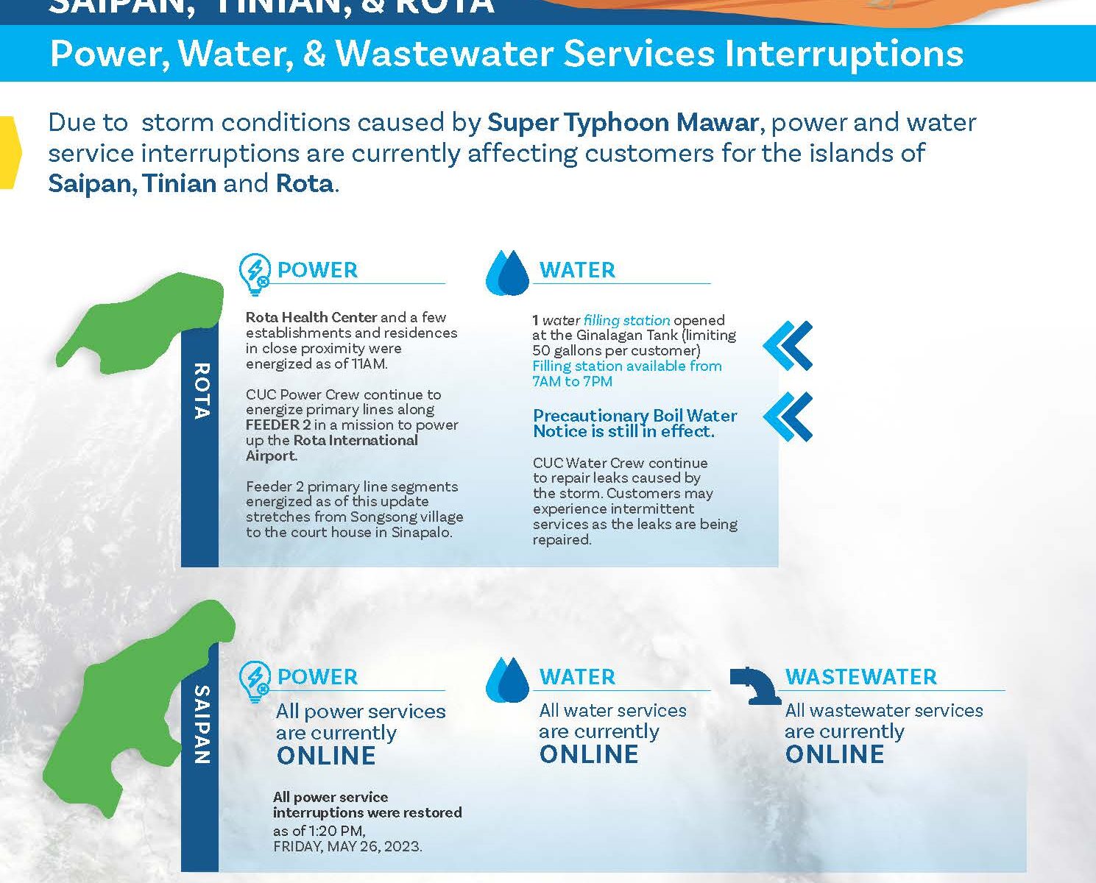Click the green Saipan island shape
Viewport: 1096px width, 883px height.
tap(127, 713)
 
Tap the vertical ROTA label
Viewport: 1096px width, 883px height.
tap(202, 391)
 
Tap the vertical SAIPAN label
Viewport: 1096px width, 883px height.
tap(202, 725)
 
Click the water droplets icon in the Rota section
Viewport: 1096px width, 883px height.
tap(507, 273)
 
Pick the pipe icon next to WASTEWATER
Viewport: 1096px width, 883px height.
tap(755, 685)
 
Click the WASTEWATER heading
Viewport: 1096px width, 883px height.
tap(860, 677)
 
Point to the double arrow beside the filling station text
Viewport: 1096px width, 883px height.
tap(788, 346)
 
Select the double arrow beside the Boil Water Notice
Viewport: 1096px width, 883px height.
tap(788, 416)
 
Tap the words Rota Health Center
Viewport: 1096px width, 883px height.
tap(311, 317)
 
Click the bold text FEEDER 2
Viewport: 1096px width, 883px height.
tap(278, 425)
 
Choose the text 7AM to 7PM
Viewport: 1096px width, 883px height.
tap(573, 381)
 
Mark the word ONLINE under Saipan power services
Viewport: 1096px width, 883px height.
tap(326, 756)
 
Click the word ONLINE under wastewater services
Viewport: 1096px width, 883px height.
tap(834, 754)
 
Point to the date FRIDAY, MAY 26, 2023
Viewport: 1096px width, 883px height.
tap(347, 846)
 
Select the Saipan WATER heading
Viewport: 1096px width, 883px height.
tap(577, 677)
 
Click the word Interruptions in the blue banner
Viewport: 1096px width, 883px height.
tap(844, 54)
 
